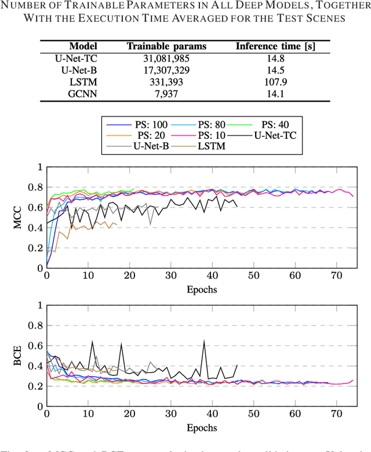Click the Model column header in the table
82,46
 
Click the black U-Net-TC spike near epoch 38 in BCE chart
204,341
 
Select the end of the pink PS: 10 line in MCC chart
352,197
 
